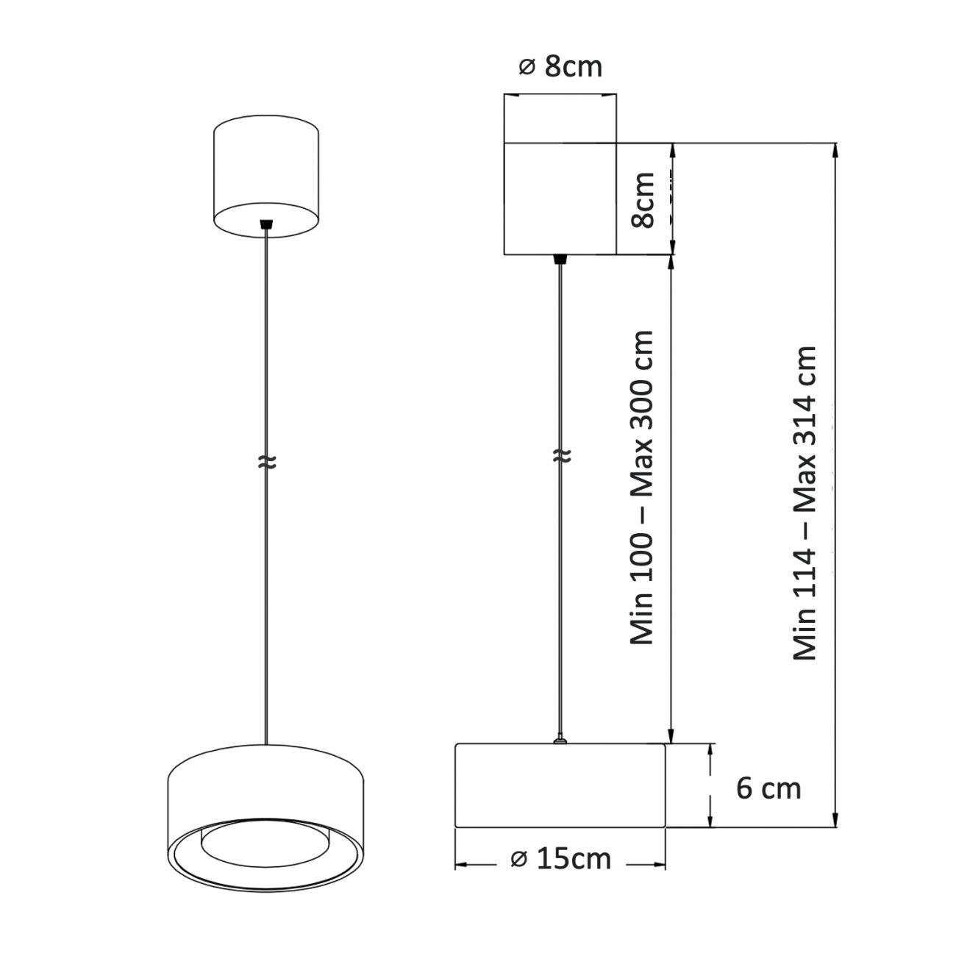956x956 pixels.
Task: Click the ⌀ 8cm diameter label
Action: tap(560, 66)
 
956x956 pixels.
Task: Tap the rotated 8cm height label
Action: tap(643, 200)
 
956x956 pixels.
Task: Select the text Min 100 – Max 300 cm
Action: tap(643, 488)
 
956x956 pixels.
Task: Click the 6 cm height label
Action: tap(768, 788)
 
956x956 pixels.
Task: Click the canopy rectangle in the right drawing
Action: tap(560, 199)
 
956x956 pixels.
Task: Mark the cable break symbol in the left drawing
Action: tap(266, 462)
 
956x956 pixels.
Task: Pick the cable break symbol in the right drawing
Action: tap(560, 456)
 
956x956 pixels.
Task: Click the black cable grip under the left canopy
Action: tap(266, 223)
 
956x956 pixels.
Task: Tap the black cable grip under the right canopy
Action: tap(560, 258)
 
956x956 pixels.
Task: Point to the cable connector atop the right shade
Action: tap(560, 741)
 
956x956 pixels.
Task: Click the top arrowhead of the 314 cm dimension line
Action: tap(835, 149)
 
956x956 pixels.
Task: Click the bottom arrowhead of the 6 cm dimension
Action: tap(710, 821)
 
